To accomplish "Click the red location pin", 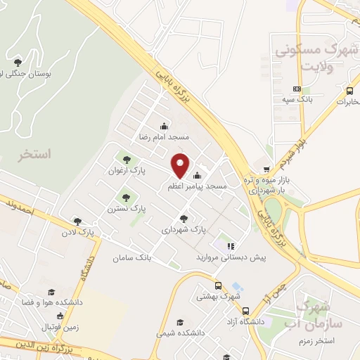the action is (x=181, y=165).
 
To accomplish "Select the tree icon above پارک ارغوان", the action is (x=127, y=158).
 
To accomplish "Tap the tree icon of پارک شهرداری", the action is (x=184, y=219).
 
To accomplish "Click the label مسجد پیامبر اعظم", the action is (x=197, y=187).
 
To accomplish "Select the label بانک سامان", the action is (x=132, y=257).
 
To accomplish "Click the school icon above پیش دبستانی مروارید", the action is (x=230, y=246).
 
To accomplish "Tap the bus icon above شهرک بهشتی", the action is (x=218, y=286).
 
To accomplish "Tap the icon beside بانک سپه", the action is (x=297, y=89).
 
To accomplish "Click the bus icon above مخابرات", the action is (x=349, y=91).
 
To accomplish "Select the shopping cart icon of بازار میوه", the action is (x=266, y=169).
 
